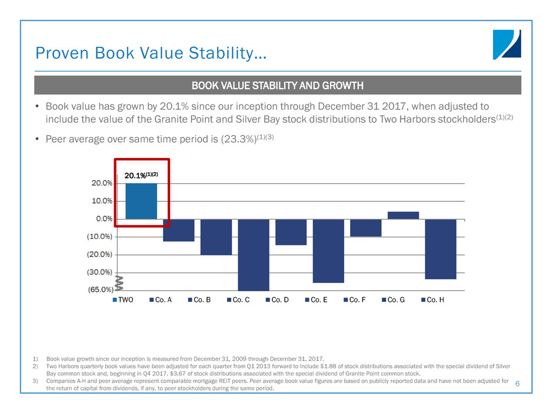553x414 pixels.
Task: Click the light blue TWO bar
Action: coord(141,201)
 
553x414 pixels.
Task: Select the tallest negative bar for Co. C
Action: coord(254,254)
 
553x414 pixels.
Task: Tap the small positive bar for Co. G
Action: coord(403,216)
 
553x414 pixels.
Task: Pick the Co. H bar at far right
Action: coord(441,249)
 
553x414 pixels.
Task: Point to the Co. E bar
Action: coord(328,251)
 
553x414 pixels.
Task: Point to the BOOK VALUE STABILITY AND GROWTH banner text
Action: coord(277,86)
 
